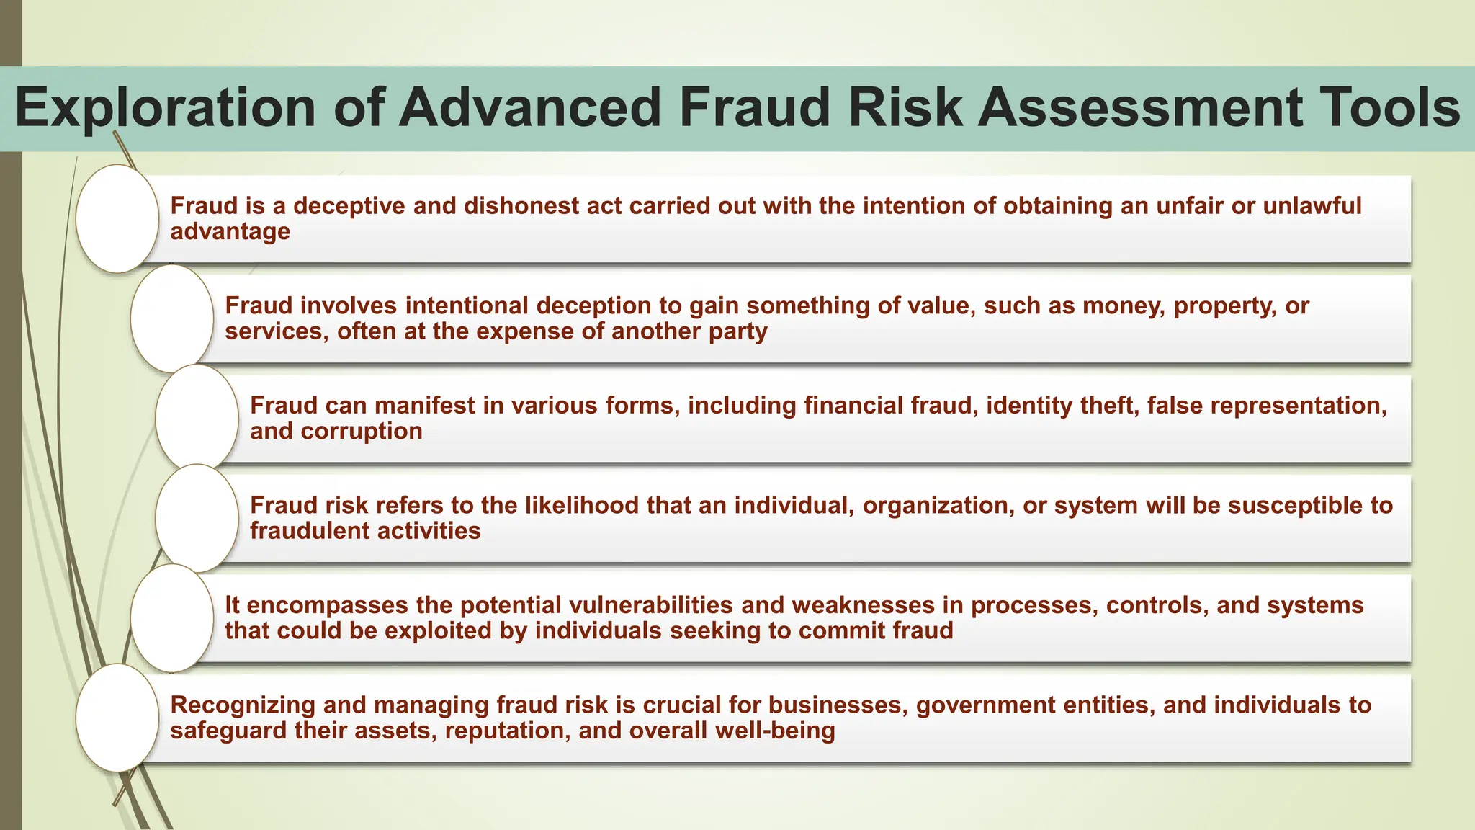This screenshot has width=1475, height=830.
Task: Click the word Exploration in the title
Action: pos(165,108)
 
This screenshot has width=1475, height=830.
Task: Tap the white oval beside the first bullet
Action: pos(117,218)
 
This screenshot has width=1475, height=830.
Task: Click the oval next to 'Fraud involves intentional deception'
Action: pos(172,318)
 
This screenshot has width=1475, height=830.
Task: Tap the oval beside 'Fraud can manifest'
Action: pos(197,418)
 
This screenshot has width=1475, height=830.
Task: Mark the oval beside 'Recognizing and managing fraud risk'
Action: pos(117,718)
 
